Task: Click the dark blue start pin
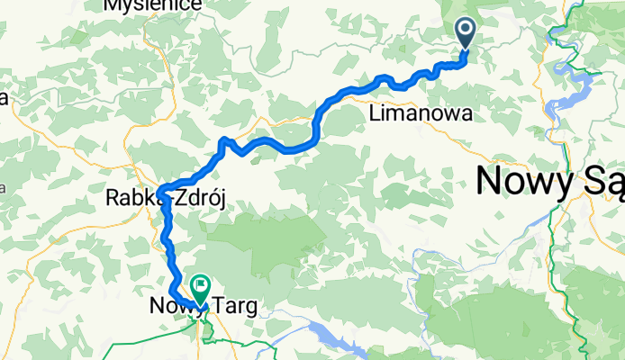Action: pos(466,33)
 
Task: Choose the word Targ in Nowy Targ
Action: pos(231,307)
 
